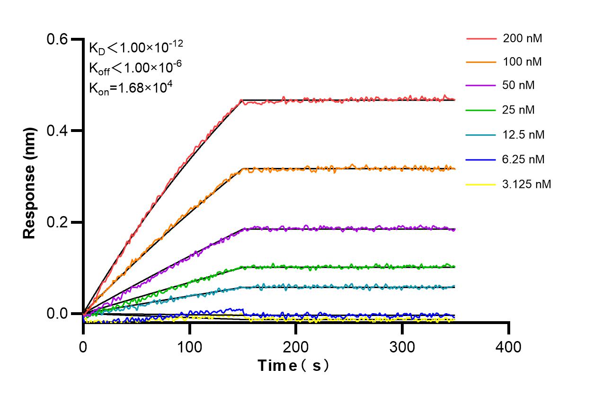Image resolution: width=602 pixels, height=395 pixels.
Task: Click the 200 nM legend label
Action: pyautogui.click(x=522, y=38)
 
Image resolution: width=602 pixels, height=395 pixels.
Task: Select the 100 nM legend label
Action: pyautogui.click(x=522, y=61)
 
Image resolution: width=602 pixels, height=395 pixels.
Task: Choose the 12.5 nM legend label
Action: pyautogui.click(x=523, y=135)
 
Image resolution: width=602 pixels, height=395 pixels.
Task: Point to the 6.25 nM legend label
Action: pyautogui.click(x=523, y=159)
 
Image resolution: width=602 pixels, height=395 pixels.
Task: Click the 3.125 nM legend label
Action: pyautogui.click(x=527, y=184)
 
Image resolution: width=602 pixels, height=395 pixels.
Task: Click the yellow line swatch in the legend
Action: pyautogui.click(x=481, y=184)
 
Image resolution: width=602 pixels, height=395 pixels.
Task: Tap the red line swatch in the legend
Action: pyautogui.click(x=481, y=38)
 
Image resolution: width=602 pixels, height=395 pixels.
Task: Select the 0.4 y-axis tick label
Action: pyautogui.click(x=57, y=131)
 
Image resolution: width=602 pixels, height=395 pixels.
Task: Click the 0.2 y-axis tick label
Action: pyautogui.click(x=57, y=222)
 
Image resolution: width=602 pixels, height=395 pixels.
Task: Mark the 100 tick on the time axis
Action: pyautogui.click(x=189, y=347)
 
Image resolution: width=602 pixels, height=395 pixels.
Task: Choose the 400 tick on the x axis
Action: pyautogui.click(x=508, y=347)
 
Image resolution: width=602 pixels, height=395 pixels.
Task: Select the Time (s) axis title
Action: pyautogui.click(x=293, y=366)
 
